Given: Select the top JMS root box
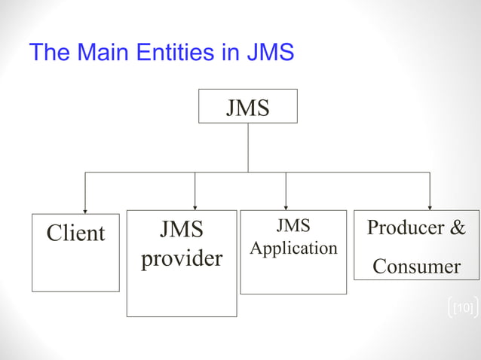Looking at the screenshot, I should pyautogui.click(x=247, y=106).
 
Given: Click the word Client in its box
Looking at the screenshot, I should pyautogui.click(x=75, y=233).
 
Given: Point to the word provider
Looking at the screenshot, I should pyautogui.click(x=182, y=258).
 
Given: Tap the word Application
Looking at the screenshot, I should pyautogui.click(x=293, y=248).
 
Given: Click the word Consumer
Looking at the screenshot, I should pyautogui.click(x=416, y=266).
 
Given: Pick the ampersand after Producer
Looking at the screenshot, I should pyautogui.click(x=458, y=228).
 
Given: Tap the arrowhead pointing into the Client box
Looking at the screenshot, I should pyautogui.click(x=84, y=211).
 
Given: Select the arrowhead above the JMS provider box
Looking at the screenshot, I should pyautogui.click(x=195, y=206).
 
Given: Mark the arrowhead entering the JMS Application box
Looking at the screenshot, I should pyautogui.click(x=286, y=206).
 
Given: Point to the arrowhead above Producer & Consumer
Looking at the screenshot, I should pyautogui.click(x=430, y=206).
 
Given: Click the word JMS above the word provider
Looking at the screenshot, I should pyautogui.click(x=182, y=229).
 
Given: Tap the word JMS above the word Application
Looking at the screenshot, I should pyautogui.click(x=293, y=226).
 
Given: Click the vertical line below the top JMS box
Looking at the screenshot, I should pyautogui.click(x=248, y=148).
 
